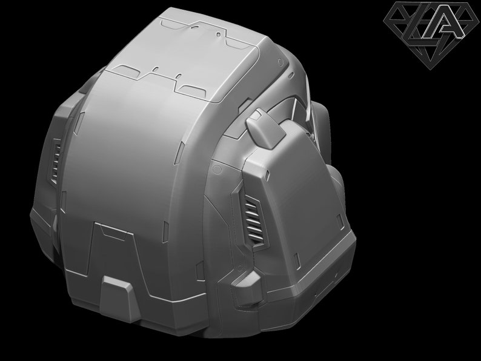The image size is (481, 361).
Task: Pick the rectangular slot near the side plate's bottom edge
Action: pyautogui.click(x=297, y=261)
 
